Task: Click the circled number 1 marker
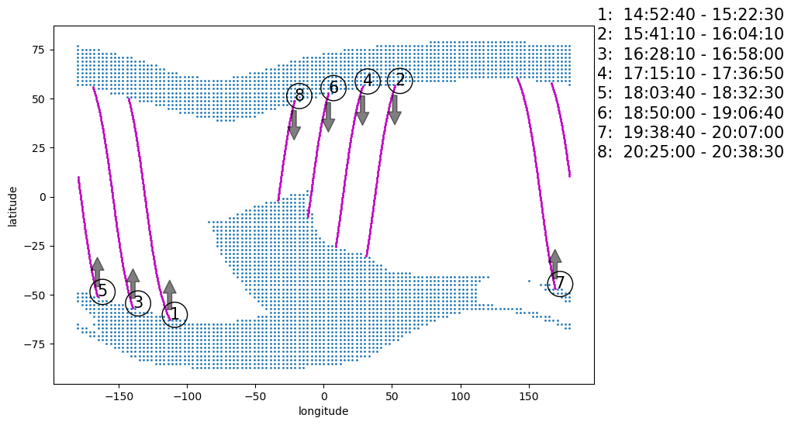point(174,314)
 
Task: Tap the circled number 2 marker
point(399,80)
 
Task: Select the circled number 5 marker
point(102,292)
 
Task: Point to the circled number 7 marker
point(560,284)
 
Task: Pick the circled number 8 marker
point(299,95)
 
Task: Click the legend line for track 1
point(690,15)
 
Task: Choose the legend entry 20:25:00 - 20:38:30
point(690,152)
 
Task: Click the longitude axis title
point(323,411)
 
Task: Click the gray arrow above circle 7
point(554,263)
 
